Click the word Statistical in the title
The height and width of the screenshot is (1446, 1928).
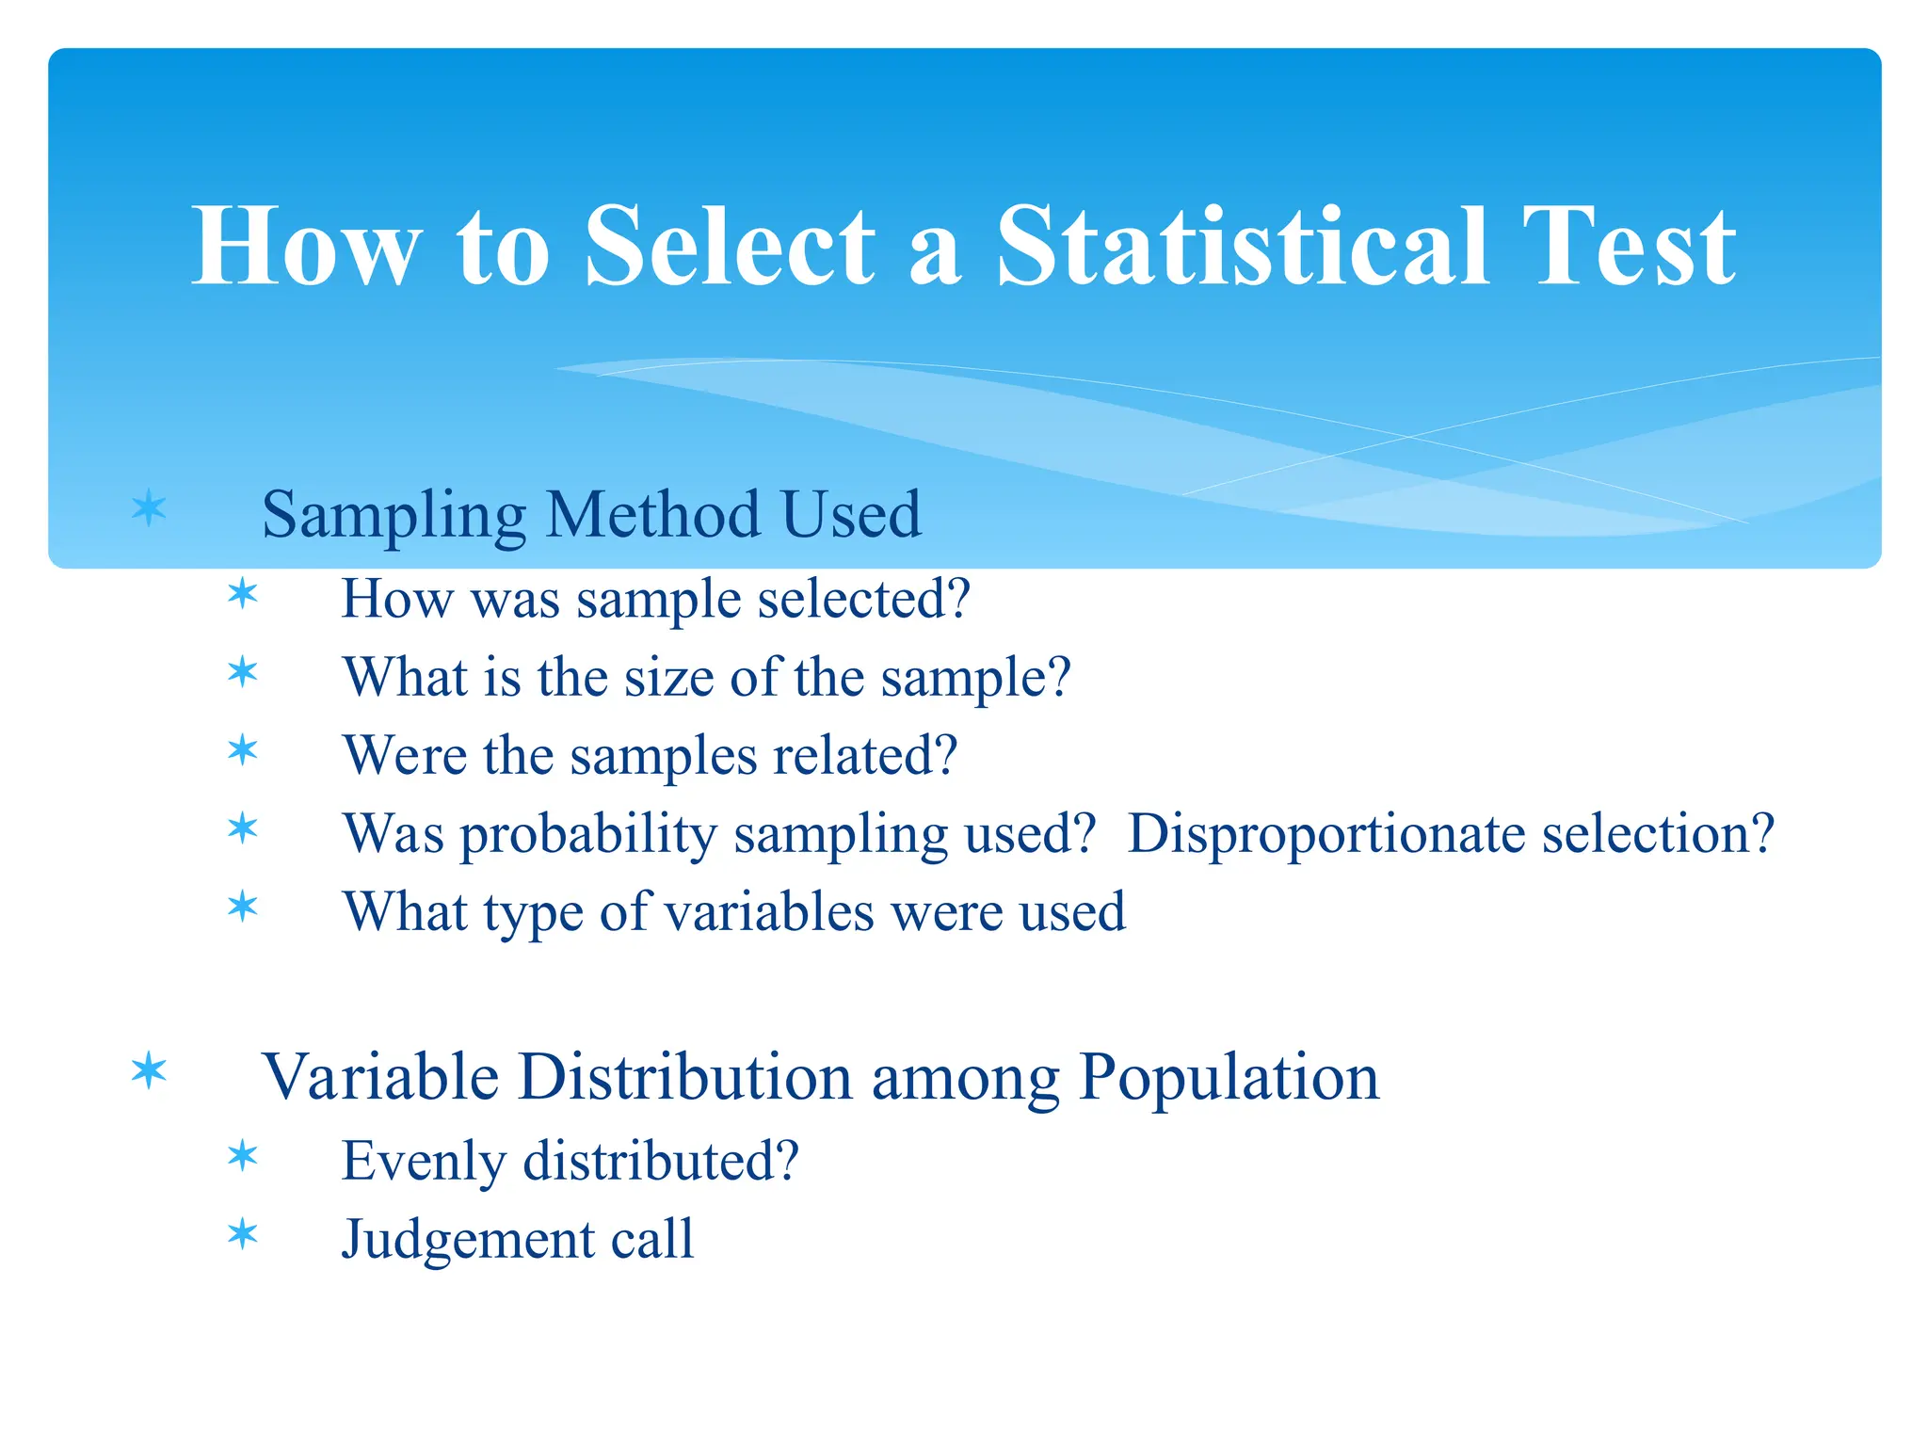(x=1243, y=247)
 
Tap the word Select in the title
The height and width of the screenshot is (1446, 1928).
(x=730, y=247)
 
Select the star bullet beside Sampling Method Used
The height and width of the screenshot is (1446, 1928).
(x=149, y=509)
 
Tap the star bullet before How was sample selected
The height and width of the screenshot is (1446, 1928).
(x=243, y=594)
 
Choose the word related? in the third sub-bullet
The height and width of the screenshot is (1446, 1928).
(x=865, y=755)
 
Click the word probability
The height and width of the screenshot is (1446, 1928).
(x=587, y=835)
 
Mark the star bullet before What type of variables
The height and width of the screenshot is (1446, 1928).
(x=243, y=908)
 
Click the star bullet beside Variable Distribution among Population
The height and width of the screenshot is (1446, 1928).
(x=149, y=1071)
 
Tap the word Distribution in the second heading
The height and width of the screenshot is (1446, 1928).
(x=684, y=1077)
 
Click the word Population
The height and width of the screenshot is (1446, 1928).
(x=1229, y=1078)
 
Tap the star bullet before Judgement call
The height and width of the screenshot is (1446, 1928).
(x=243, y=1234)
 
